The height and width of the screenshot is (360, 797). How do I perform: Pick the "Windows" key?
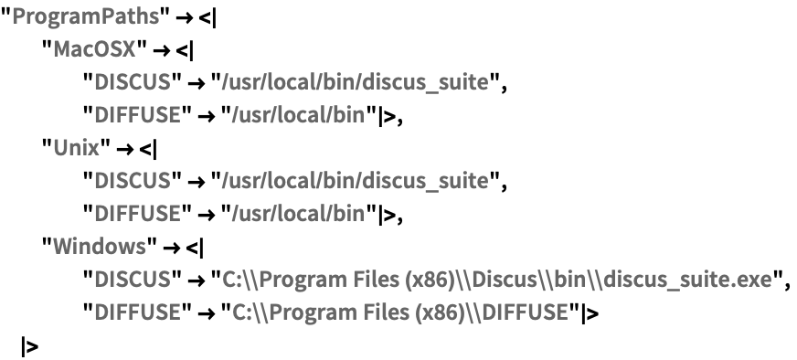(95, 248)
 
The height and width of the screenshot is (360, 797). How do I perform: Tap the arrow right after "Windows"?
(171, 248)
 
